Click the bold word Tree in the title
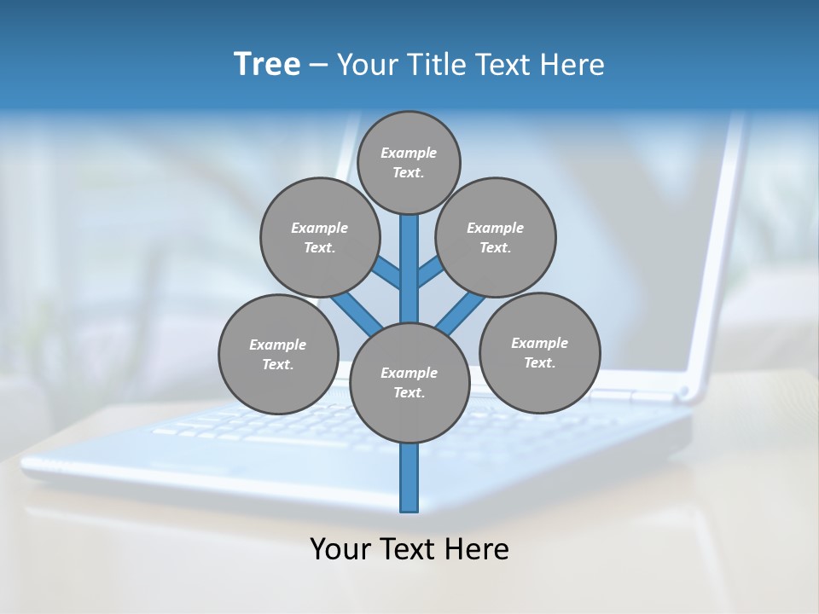click(267, 64)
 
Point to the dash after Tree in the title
click(318, 65)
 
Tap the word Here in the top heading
click(572, 64)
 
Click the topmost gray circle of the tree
click(409, 162)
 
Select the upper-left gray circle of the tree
click(320, 237)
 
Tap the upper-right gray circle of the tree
click(496, 237)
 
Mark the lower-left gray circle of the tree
click(278, 354)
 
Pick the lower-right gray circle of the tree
click(540, 352)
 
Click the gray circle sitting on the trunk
click(409, 382)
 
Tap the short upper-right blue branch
click(430, 271)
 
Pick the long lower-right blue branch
click(461, 312)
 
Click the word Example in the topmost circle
click(409, 153)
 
